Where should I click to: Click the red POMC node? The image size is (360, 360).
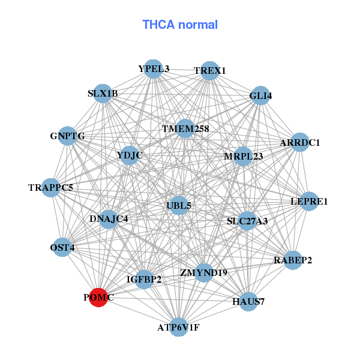(x=98, y=297)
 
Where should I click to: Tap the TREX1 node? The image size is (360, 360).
(x=209, y=71)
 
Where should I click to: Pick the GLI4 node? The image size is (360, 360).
(x=260, y=96)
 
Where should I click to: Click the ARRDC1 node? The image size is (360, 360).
(x=299, y=143)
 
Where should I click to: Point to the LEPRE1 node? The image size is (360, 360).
(x=309, y=202)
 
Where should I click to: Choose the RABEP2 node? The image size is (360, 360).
(x=293, y=260)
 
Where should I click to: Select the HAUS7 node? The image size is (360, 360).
(x=248, y=301)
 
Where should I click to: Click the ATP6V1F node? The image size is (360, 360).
(x=178, y=328)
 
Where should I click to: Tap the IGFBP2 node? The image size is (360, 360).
(x=144, y=279)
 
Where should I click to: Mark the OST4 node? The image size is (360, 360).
(x=62, y=247)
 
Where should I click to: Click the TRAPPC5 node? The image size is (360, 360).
(x=51, y=188)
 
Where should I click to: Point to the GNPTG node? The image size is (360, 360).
(x=67, y=136)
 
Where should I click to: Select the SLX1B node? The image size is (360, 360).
(x=103, y=94)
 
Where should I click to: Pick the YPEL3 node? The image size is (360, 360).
(x=154, y=68)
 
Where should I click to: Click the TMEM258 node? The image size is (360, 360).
(x=185, y=128)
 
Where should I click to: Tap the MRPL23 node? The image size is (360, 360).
(x=244, y=156)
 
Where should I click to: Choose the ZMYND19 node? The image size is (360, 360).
(x=203, y=272)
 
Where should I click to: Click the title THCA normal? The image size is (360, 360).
(x=180, y=25)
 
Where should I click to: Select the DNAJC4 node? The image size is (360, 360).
(x=109, y=219)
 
